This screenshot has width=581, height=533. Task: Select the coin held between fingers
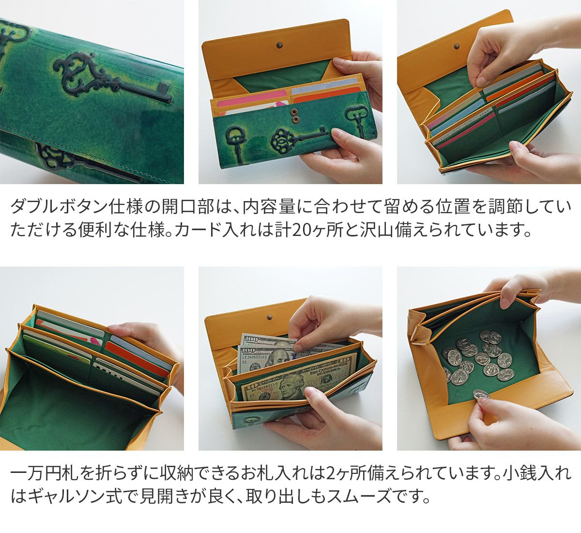pyautogui.click(x=480, y=395)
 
